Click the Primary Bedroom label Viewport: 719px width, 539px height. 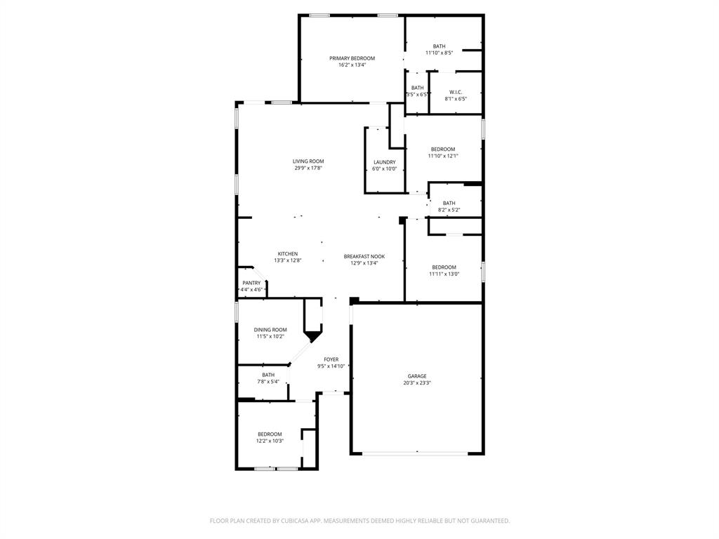point(352,58)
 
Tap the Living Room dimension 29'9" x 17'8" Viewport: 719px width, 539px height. point(308,168)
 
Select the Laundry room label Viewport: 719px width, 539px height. point(384,162)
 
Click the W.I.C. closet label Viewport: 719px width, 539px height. point(455,92)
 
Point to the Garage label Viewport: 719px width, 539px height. point(417,376)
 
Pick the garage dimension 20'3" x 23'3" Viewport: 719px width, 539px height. point(417,383)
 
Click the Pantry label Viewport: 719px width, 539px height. point(251,283)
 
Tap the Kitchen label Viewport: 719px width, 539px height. point(288,253)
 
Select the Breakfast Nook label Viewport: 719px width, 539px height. point(364,256)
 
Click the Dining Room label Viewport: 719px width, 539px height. point(270,330)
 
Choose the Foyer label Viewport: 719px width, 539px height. point(331,359)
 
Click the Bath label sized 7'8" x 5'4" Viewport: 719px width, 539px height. point(268,375)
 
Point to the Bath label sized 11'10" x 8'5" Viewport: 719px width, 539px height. point(439,46)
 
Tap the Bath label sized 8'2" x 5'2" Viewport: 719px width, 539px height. point(449,203)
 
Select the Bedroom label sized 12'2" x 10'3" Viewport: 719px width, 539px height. point(270,434)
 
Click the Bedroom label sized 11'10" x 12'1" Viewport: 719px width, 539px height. point(443,149)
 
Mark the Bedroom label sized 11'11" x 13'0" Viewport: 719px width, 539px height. point(444,267)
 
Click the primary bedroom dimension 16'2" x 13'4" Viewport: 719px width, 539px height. point(352,65)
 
